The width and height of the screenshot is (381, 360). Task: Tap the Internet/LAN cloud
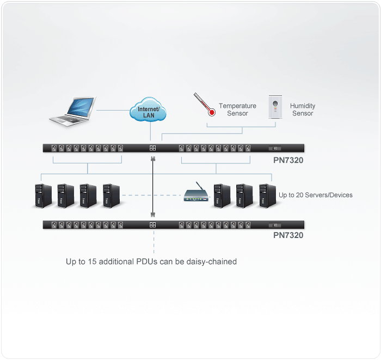pos(148,111)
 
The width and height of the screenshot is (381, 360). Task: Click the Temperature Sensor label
pos(237,109)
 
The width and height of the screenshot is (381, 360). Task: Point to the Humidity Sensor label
pos(303,109)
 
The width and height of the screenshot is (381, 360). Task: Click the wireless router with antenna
pos(195,194)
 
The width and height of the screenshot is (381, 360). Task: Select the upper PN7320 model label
pos(288,161)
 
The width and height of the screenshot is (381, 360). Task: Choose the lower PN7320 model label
pos(288,236)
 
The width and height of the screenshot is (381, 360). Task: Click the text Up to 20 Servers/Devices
pos(315,195)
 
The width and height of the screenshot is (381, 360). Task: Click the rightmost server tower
pos(266,195)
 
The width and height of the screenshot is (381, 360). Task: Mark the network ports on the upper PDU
pos(153,148)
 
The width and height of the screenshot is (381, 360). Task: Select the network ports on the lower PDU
pos(153,224)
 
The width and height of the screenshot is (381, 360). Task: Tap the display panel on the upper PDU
pos(275,148)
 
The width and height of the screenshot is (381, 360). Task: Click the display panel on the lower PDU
pos(275,224)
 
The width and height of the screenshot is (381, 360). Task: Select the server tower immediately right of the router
pos(222,195)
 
